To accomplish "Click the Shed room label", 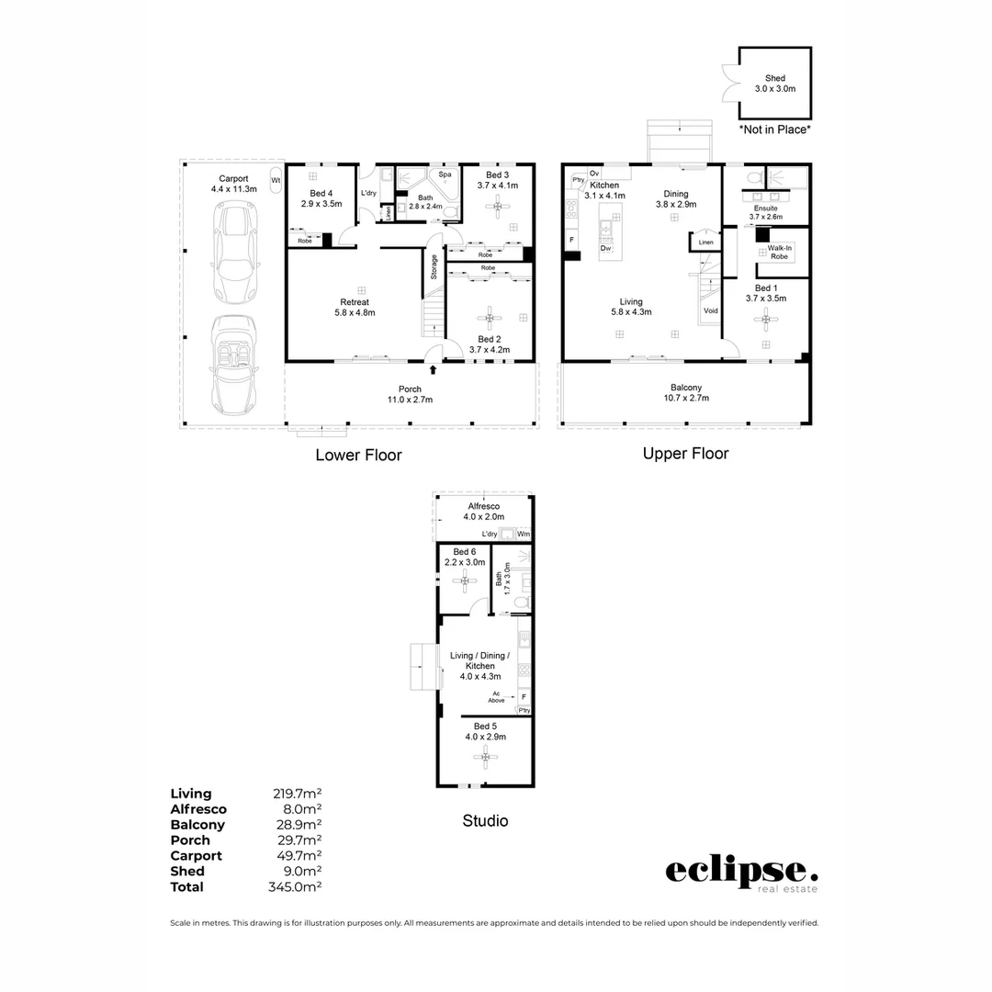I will [774, 84].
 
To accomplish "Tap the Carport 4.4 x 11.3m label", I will [233, 183].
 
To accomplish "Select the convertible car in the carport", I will [233, 364].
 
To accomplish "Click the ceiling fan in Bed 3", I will [498, 207].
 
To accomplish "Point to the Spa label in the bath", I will [445, 175].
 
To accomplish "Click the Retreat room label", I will [355, 307].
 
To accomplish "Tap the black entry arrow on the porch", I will [434, 369].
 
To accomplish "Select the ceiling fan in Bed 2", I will [489, 319].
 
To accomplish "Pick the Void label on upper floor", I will [710, 311].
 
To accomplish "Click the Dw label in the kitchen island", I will [605, 248].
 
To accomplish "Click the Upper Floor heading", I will [685, 453].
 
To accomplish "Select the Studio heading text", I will [485, 820].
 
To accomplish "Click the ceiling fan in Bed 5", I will [485, 757].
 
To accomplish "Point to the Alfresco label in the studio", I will [485, 512].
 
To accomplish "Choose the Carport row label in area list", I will [196, 855].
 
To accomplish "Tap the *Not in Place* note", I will [775, 130].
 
